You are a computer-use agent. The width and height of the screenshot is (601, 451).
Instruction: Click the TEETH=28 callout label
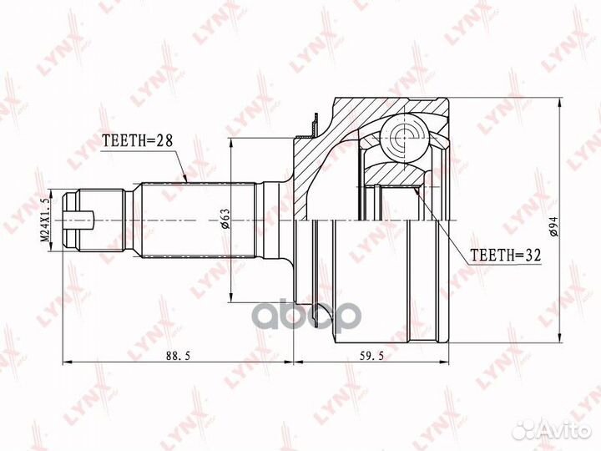pos(137,141)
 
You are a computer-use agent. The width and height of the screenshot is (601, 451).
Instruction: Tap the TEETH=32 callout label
pos(505,255)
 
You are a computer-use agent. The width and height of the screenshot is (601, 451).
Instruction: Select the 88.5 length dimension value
pos(179,356)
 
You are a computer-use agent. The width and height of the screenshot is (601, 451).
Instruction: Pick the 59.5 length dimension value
pos(371,356)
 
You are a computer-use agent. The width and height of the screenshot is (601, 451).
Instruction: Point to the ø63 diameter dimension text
pos(225,220)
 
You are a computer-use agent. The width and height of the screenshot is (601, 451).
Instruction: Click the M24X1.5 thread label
pos(45,220)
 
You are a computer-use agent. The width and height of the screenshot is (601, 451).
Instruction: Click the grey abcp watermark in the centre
pos(309,315)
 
